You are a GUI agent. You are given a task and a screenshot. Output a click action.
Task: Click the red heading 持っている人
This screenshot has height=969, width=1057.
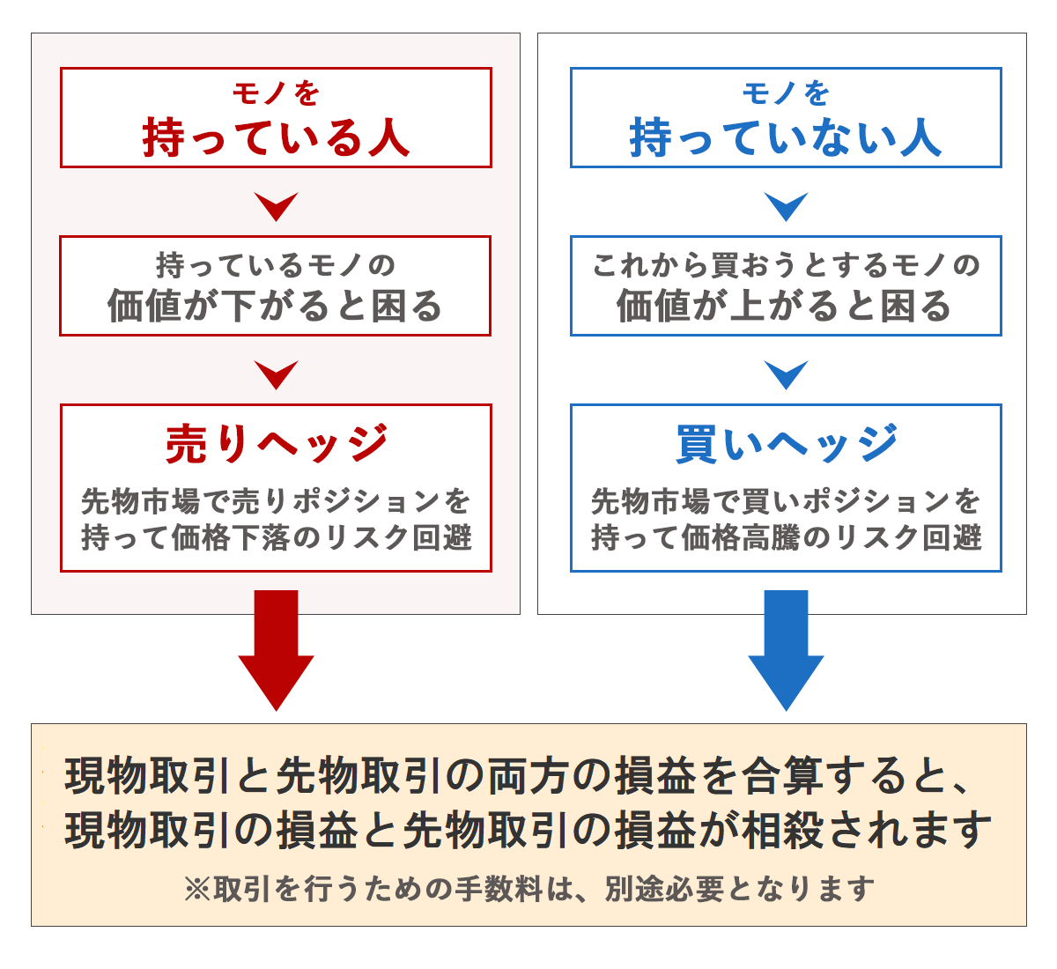pos(276,138)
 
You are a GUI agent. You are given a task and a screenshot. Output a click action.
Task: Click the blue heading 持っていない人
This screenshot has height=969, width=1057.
pos(785,138)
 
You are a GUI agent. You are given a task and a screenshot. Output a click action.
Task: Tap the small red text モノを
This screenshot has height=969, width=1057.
pos(276,92)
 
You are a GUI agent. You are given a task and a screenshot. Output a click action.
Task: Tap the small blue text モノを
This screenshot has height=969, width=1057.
pos(786,92)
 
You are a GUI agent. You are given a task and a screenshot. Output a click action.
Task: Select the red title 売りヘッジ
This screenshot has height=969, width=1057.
pos(276,443)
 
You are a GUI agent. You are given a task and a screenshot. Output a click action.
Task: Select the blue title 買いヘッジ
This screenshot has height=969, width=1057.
pos(786,443)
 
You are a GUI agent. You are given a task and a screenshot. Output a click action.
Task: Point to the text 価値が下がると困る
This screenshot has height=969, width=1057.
pos(275,307)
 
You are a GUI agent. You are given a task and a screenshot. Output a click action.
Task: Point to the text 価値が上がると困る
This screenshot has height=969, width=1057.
pos(785,307)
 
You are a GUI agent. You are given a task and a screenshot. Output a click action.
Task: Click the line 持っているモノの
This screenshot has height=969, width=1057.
pos(276,264)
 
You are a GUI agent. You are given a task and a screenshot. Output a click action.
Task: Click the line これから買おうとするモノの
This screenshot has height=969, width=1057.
pos(786,264)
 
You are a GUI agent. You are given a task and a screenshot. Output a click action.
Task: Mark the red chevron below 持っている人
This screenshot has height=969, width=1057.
pos(276,206)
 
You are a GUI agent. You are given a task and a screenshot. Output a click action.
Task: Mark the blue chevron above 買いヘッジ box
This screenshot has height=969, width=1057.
pos(786,374)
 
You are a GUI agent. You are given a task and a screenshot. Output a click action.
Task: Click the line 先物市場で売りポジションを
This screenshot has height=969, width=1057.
pos(276,501)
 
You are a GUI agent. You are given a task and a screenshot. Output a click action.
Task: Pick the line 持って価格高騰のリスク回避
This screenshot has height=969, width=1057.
pos(786,536)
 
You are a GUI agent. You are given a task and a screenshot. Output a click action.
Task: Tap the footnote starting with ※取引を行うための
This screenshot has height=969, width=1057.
pos(528,889)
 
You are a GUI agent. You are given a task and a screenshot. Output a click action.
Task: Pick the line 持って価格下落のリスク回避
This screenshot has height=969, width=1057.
pos(276,536)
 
